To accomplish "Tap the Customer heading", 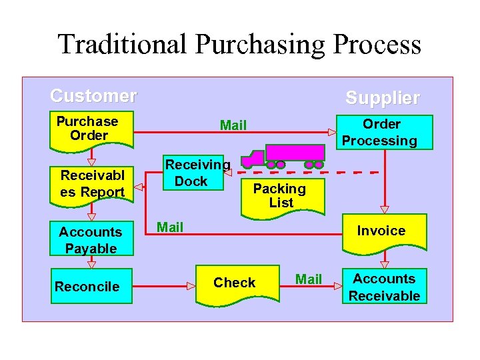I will click(x=93, y=96).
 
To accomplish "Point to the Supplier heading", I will click(x=383, y=98).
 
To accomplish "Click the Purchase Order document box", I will click(x=91, y=129).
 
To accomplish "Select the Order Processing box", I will click(x=382, y=132).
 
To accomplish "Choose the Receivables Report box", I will click(x=92, y=184).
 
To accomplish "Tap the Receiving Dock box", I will click(x=194, y=173).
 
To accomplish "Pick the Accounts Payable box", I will click(x=91, y=239).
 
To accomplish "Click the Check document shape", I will click(x=235, y=283).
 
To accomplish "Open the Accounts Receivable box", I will click(x=384, y=287).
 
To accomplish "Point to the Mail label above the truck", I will click(x=233, y=125).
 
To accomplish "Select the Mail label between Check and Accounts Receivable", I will click(x=309, y=279).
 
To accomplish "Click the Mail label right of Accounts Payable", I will click(x=170, y=227).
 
